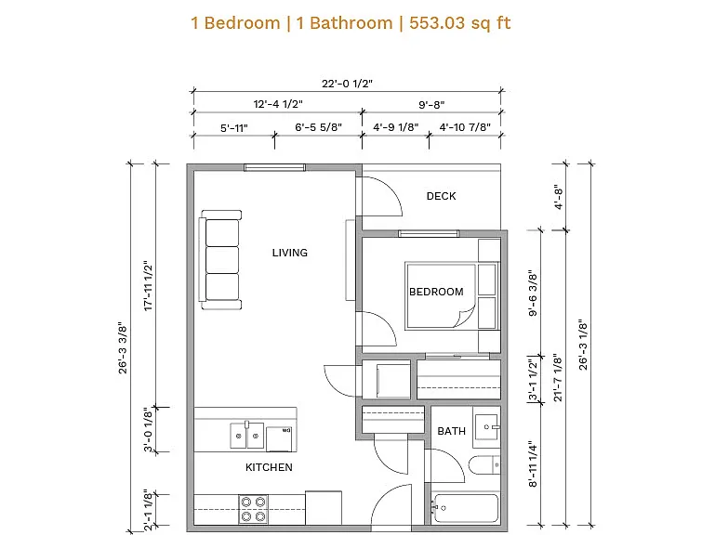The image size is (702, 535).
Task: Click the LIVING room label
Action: [x=290, y=253]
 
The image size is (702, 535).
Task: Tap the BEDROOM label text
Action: [x=436, y=292]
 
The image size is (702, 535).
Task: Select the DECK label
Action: [x=441, y=196]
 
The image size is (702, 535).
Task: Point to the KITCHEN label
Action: [x=269, y=467]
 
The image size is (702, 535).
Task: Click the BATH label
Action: [x=451, y=431]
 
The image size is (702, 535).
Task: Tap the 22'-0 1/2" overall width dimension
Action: [x=347, y=84]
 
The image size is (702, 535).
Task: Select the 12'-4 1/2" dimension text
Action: [x=278, y=104]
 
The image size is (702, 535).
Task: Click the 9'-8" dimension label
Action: [x=431, y=105]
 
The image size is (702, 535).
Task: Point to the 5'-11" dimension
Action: [x=233, y=128]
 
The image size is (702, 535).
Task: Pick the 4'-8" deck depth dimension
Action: [x=558, y=197]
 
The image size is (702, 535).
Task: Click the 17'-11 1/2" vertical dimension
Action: [x=148, y=285]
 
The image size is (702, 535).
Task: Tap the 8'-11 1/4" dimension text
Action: [x=533, y=463]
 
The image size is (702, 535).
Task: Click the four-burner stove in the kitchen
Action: [x=253, y=510]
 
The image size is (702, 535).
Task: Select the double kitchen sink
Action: [x=246, y=436]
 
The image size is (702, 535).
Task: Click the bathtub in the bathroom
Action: [x=466, y=508]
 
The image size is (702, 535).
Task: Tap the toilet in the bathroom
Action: [x=484, y=465]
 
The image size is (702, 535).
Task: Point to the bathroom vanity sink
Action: [x=487, y=426]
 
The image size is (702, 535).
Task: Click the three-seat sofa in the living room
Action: [x=220, y=260]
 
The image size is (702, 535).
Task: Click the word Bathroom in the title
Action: [x=351, y=23]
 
